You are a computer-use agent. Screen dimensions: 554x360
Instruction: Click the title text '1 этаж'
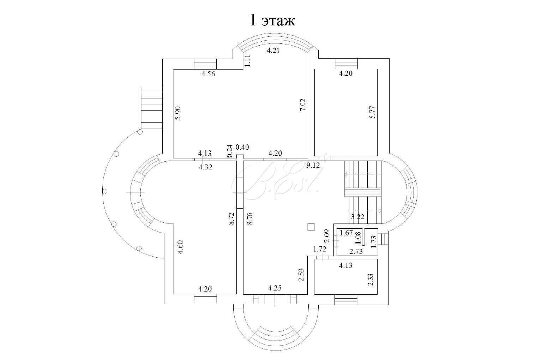272,20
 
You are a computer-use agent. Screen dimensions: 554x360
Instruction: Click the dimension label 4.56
208,74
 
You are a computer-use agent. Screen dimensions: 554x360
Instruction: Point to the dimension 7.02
303,105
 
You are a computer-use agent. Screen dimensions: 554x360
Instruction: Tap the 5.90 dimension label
177,113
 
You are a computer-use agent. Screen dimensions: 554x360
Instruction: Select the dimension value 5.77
373,112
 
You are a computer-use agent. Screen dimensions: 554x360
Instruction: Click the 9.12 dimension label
313,165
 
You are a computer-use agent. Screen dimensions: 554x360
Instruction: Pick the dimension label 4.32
205,167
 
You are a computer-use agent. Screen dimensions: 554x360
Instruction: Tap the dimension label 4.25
275,288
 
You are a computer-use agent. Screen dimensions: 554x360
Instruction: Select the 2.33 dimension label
371,279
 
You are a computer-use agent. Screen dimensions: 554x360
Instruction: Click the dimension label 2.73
356,251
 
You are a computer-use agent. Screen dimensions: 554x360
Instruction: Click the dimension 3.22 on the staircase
357,217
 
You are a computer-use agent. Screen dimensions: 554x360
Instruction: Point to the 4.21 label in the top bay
273,50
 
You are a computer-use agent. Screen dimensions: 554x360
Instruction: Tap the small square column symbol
311,227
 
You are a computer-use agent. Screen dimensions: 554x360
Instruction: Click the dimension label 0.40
242,147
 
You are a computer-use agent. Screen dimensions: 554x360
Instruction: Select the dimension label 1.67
346,233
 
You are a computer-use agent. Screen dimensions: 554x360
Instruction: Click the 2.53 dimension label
301,275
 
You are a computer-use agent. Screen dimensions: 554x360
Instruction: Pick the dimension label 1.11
248,61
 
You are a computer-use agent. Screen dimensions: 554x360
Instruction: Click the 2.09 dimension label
327,236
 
